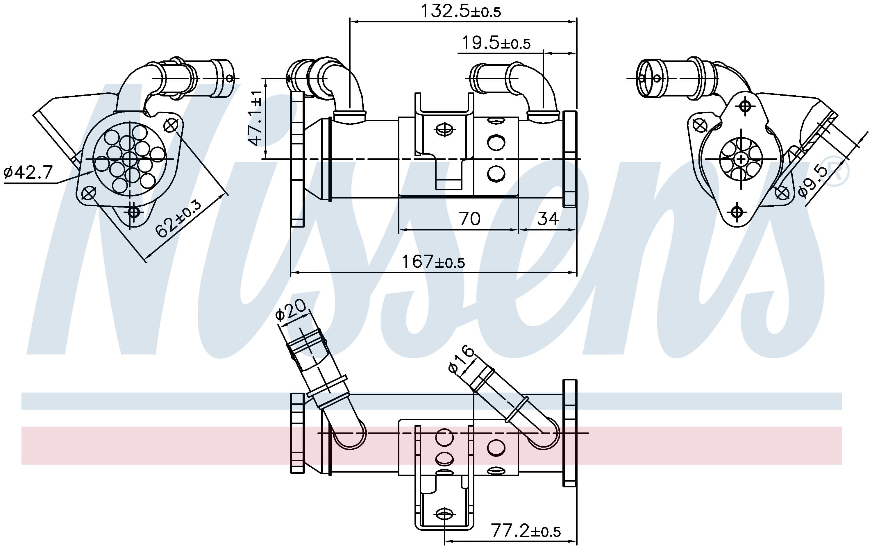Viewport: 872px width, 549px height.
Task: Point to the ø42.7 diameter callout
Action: point(28,173)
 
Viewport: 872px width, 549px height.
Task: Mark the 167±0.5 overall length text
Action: point(433,262)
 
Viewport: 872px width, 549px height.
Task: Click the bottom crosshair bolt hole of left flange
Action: point(134,212)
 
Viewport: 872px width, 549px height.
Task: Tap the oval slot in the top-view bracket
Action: point(445,129)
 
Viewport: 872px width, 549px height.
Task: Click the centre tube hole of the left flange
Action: point(129,159)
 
